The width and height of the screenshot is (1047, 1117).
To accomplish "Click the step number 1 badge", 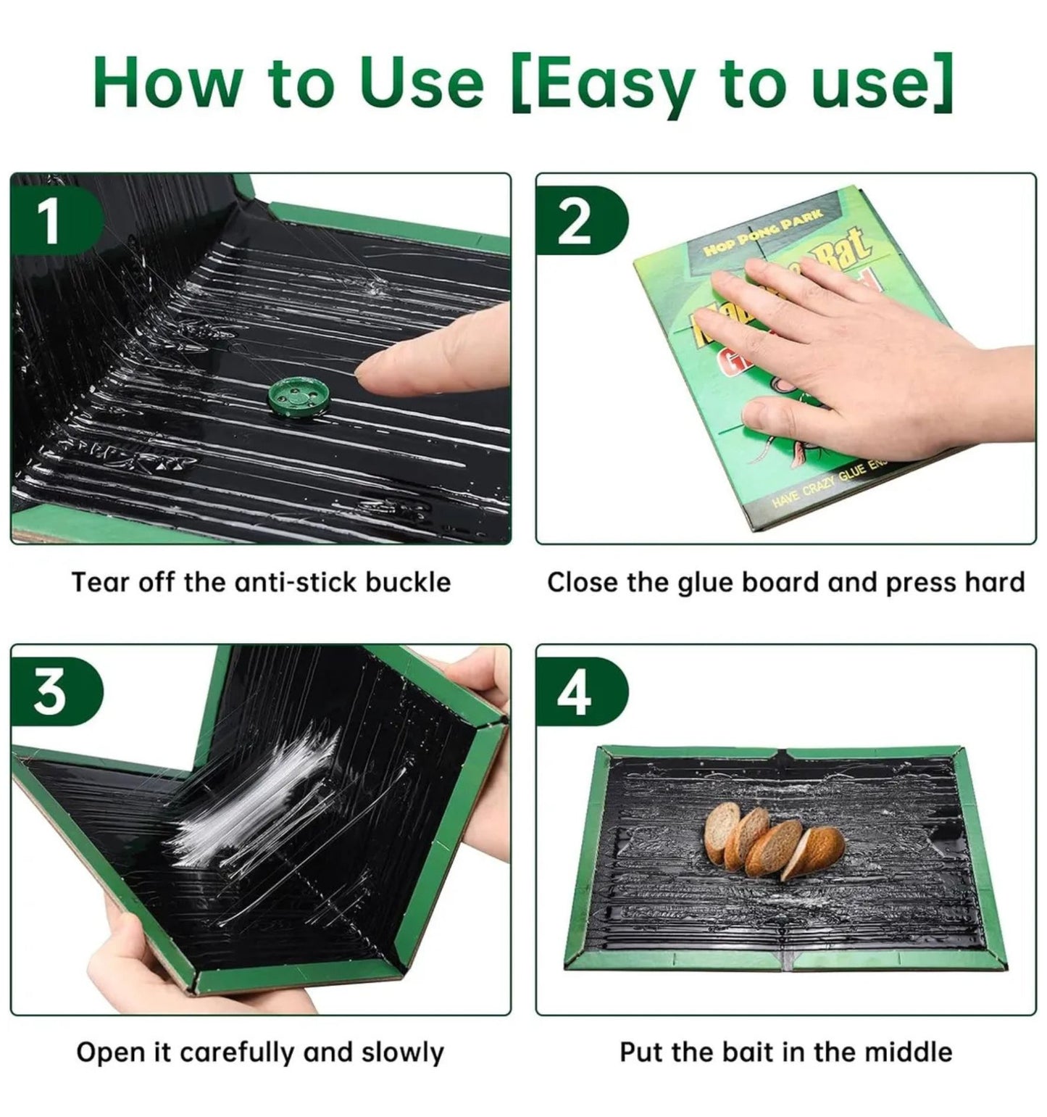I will tap(49, 222).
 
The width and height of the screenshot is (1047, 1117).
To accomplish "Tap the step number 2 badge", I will tap(574, 222).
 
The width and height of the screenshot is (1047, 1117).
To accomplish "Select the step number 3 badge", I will tap(49, 693).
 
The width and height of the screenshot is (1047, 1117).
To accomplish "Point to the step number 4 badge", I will tap(574, 693).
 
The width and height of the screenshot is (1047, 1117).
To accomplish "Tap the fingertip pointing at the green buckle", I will tap(380, 366).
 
